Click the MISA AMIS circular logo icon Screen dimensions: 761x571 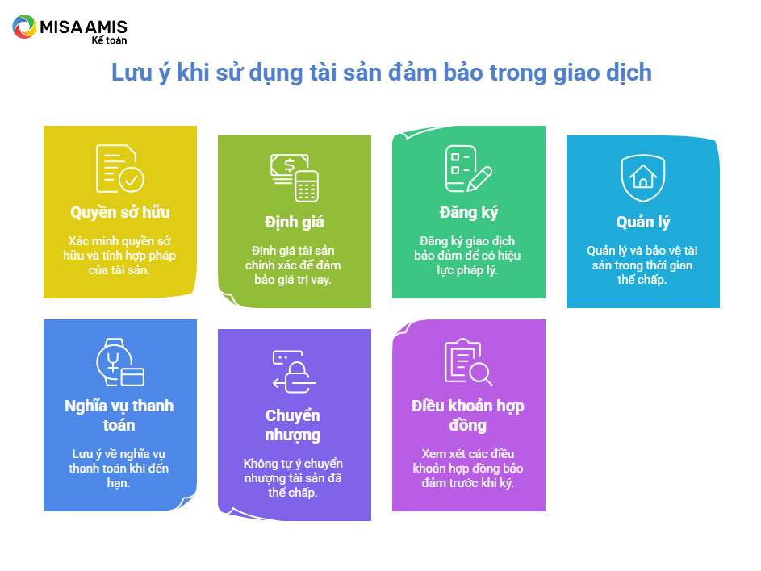coord(24,27)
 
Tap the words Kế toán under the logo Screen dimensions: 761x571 coord(109,40)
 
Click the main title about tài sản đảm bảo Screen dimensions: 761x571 coord(382,73)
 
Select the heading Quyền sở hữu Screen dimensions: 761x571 coord(120,212)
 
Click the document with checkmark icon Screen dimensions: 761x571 coord(120,169)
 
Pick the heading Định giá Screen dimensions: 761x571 coord(294,223)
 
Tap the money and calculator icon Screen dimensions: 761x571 coord(294,177)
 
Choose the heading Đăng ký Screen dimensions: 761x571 coord(469,212)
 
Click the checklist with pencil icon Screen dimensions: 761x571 coord(469,169)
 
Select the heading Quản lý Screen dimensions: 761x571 coord(643,223)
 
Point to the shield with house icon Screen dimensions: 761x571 coord(643,177)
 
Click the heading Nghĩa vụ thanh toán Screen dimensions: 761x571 coord(119,415)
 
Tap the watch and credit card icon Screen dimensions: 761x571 coord(120,362)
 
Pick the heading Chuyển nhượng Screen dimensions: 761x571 coord(293,425)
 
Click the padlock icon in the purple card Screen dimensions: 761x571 coord(294,372)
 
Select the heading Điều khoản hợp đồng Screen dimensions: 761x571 coord(467,415)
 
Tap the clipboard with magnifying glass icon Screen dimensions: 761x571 coord(469,362)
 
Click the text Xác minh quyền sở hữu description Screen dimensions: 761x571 coord(119,256)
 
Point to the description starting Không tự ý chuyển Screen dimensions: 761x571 coord(293,478)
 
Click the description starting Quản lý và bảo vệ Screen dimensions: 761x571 coord(642,265)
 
